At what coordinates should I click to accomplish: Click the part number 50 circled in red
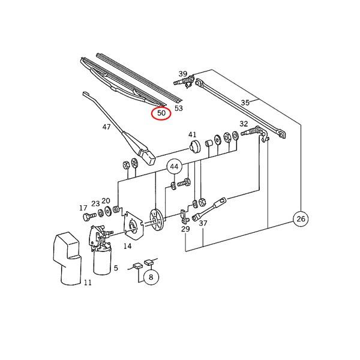tap(161, 112)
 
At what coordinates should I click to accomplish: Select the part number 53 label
tap(178, 109)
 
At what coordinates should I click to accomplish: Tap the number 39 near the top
tap(182, 74)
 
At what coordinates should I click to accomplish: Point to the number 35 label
tap(245, 103)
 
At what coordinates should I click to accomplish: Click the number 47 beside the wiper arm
tap(107, 127)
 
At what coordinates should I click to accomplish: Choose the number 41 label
tap(192, 134)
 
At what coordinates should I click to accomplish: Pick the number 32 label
tap(244, 124)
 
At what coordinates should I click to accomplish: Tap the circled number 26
tap(301, 220)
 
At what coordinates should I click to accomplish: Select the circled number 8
tap(151, 277)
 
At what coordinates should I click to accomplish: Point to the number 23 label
tap(95, 203)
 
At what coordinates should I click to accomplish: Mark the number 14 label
tap(127, 246)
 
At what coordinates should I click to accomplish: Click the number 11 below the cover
tap(88, 283)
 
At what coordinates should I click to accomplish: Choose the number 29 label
tap(185, 229)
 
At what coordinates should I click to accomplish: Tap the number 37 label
tap(203, 223)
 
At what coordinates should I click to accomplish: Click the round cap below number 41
tap(194, 147)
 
